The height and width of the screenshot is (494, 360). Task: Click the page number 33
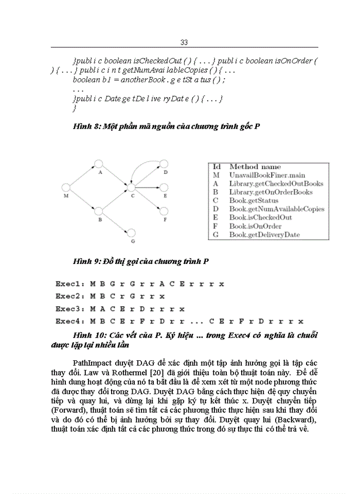point(185,42)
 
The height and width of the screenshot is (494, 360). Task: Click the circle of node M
point(66,188)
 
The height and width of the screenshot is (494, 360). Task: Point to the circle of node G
point(132,233)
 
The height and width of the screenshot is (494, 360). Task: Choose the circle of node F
point(165,211)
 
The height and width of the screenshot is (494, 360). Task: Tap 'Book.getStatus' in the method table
point(254,201)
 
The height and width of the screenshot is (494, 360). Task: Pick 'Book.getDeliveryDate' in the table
point(264,235)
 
